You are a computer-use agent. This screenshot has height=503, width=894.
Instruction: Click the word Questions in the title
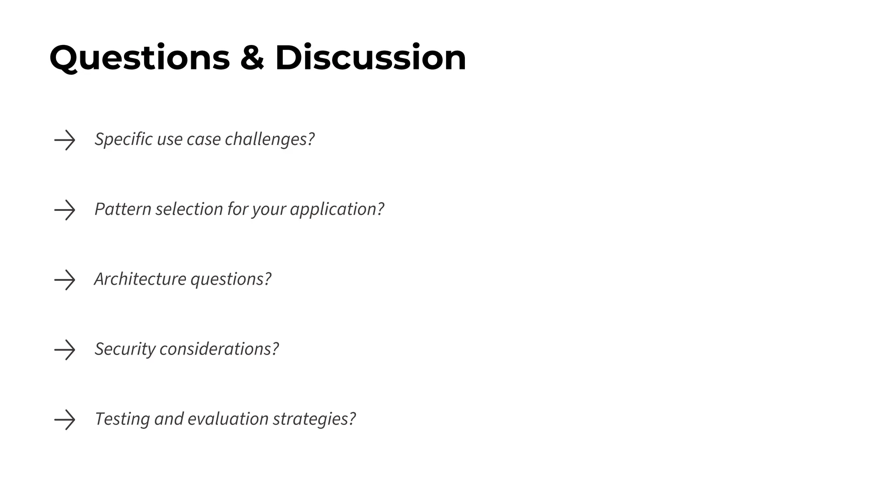pos(140,58)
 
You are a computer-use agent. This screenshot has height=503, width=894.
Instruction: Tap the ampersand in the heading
pos(252,58)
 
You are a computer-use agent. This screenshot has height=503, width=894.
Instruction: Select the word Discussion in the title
pos(371,58)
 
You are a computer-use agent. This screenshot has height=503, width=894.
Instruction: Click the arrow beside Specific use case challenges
pos(65,140)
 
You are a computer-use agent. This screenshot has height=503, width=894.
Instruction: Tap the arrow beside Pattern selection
pos(65,210)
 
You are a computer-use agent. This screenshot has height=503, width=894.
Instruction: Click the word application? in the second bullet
pos(337,209)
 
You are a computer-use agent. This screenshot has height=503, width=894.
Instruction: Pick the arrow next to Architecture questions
pos(65,280)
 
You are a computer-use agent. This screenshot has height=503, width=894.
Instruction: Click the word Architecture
pos(140,279)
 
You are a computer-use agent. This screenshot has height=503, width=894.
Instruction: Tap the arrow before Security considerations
pos(65,350)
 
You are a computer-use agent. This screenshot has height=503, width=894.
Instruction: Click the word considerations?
pos(219,349)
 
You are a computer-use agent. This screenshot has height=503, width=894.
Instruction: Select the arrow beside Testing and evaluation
pos(65,420)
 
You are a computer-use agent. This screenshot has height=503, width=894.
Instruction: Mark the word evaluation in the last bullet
pos(228,419)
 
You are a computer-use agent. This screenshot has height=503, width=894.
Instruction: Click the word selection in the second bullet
pos(189,209)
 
